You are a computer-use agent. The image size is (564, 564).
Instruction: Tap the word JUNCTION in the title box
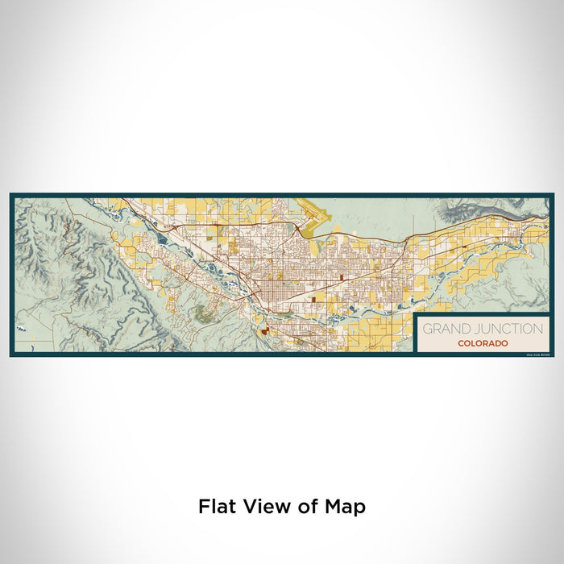point(505,329)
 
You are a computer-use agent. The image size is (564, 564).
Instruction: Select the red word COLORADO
point(483,343)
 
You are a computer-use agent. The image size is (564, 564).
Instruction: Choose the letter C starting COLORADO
point(460,343)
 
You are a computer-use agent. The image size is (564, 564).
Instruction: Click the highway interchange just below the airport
point(300,231)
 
